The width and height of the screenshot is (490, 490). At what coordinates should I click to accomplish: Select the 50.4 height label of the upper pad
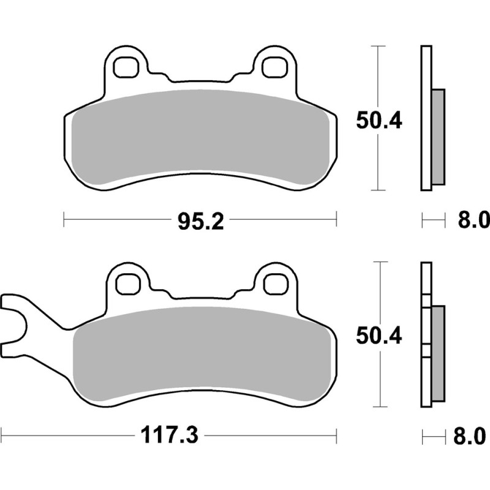coord(379,121)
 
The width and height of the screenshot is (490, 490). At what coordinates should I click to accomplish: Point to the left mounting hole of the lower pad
coord(127,284)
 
